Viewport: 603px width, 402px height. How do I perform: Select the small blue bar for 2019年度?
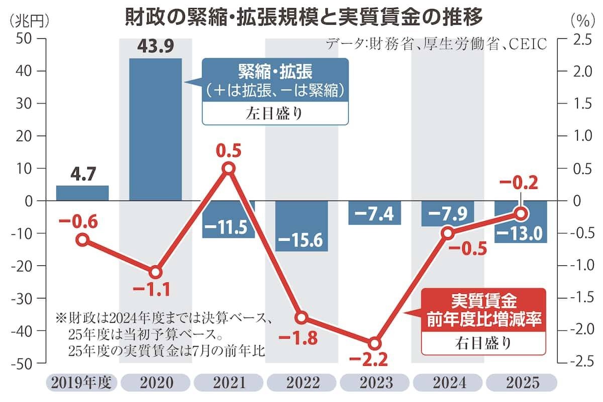[82, 193]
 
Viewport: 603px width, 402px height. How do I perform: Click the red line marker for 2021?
[229, 168]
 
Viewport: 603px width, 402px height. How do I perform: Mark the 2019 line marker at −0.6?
[82, 240]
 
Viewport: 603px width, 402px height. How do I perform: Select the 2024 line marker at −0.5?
[448, 233]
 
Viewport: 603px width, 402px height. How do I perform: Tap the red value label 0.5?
[229, 150]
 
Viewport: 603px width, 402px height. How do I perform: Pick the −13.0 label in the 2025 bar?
[521, 233]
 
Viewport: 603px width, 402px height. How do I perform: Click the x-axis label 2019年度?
[81, 383]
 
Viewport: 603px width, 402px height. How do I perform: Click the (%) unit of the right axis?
[583, 20]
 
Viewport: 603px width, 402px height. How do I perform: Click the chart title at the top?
[304, 18]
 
